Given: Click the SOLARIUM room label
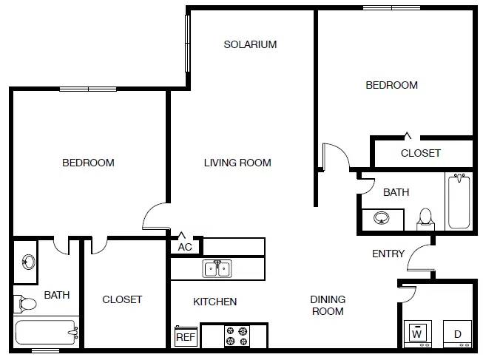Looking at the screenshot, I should tap(250, 44).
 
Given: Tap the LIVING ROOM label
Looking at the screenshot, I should tap(237, 163).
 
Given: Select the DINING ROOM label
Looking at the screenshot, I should tap(328, 305).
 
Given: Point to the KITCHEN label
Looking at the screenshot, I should tap(215, 302).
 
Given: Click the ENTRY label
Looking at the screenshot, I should tap(388, 254).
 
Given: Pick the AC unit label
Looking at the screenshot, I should tap(185, 247).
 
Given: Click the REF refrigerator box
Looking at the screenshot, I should tap(185, 337).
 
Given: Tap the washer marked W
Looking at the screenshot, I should tap(416, 333).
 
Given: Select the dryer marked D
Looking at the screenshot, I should tap(457, 333).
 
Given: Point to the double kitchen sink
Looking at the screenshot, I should tap(217, 268).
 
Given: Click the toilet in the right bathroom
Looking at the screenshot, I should tap(425, 218).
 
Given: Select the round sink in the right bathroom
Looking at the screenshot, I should tap(382, 219).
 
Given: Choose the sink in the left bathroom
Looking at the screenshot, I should tap(28, 262).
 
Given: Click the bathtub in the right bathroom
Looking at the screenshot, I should tap(459, 201).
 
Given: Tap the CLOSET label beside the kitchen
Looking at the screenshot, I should tap(122, 299).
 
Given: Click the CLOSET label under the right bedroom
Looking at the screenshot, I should tap(420, 153).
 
